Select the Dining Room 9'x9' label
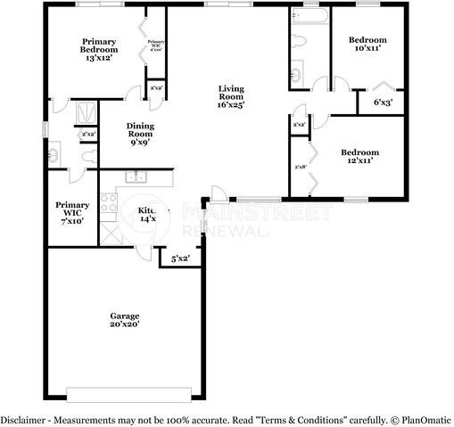coord(140,133)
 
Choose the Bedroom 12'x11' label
coord(360,157)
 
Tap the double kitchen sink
coord(136,177)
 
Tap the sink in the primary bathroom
coord(53,155)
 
